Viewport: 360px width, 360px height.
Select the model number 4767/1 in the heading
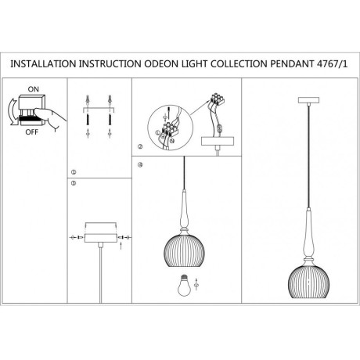tap(332, 64)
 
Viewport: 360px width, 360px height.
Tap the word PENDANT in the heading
tap(292, 64)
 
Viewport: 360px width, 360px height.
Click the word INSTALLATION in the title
tap(43, 64)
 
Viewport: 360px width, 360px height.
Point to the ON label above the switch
tap(34, 89)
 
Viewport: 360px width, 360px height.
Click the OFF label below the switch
tap(31, 132)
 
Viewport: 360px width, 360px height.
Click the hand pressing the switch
tap(50, 118)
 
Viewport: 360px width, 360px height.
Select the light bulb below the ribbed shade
tap(184, 285)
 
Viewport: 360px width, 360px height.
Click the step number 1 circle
tap(74, 172)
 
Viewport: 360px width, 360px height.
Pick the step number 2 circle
tap(140, 146)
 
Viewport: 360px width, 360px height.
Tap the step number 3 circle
tap(74, 183)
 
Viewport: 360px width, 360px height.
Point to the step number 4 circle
tap(140, 165)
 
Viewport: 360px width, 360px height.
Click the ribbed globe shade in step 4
tap(184, 251)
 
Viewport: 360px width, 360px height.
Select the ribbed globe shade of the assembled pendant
tap(308, 282)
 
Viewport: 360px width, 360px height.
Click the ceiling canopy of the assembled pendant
tap(308, 100)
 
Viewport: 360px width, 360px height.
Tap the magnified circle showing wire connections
tap(171, 128)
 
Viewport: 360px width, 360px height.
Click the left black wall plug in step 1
tap(88, 120)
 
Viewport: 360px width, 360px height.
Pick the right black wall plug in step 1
tap(110, 120)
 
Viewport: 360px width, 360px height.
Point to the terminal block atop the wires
tap(217, 99)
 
